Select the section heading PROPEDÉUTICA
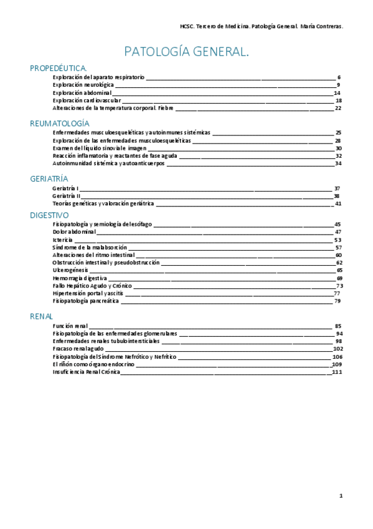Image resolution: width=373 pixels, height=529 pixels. coord(59,67)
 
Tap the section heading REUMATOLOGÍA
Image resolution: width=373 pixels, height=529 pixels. coord(60,123)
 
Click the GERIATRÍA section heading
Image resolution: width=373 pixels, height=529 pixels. coord(49,178)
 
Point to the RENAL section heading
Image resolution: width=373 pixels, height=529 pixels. coord(42,316)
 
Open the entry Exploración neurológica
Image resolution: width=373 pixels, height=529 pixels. coord(83,84)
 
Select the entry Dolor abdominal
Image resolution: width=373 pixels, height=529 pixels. coord(72,231)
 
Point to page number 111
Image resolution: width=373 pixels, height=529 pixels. coord(338,372)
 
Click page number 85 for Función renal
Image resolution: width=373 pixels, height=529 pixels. coord(338,326)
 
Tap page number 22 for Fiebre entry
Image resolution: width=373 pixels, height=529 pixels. coord(338,108)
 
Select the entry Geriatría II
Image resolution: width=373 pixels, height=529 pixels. coord(67,196)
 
